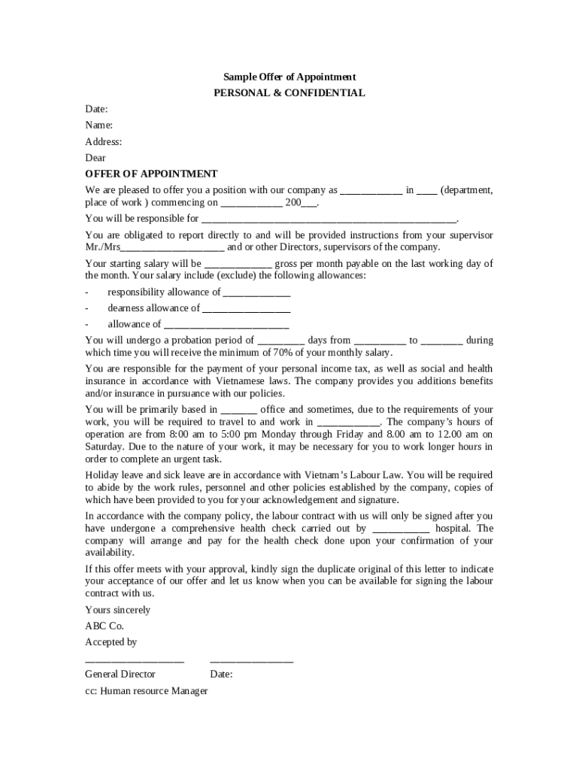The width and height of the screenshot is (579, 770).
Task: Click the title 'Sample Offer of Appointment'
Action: click(289, 77)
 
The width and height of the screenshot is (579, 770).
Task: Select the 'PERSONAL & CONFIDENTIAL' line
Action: click(289, 93)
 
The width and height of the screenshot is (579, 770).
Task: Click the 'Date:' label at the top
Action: click(96, 109)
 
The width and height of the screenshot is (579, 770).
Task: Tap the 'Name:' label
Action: click(99, 125)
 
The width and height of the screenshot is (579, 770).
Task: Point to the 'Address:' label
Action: click(103, 141)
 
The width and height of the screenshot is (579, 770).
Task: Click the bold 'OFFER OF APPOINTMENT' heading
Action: click(151, 174)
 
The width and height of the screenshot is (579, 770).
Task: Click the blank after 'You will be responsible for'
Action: click(329, 220)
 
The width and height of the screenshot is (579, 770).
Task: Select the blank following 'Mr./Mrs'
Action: click(172, 248)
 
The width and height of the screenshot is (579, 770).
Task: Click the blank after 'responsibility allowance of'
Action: click(256, 293)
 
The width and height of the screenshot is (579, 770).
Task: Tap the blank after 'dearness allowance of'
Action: click(246, 309)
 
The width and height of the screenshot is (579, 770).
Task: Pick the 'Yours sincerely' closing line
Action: click(117, 610)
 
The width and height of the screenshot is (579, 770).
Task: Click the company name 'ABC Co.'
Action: click(104, 626)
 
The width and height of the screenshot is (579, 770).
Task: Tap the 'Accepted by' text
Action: click(111, 642)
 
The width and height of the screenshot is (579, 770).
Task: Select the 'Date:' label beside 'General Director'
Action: click(221, 675)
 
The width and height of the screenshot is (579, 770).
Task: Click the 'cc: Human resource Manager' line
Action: click(146, 690)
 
